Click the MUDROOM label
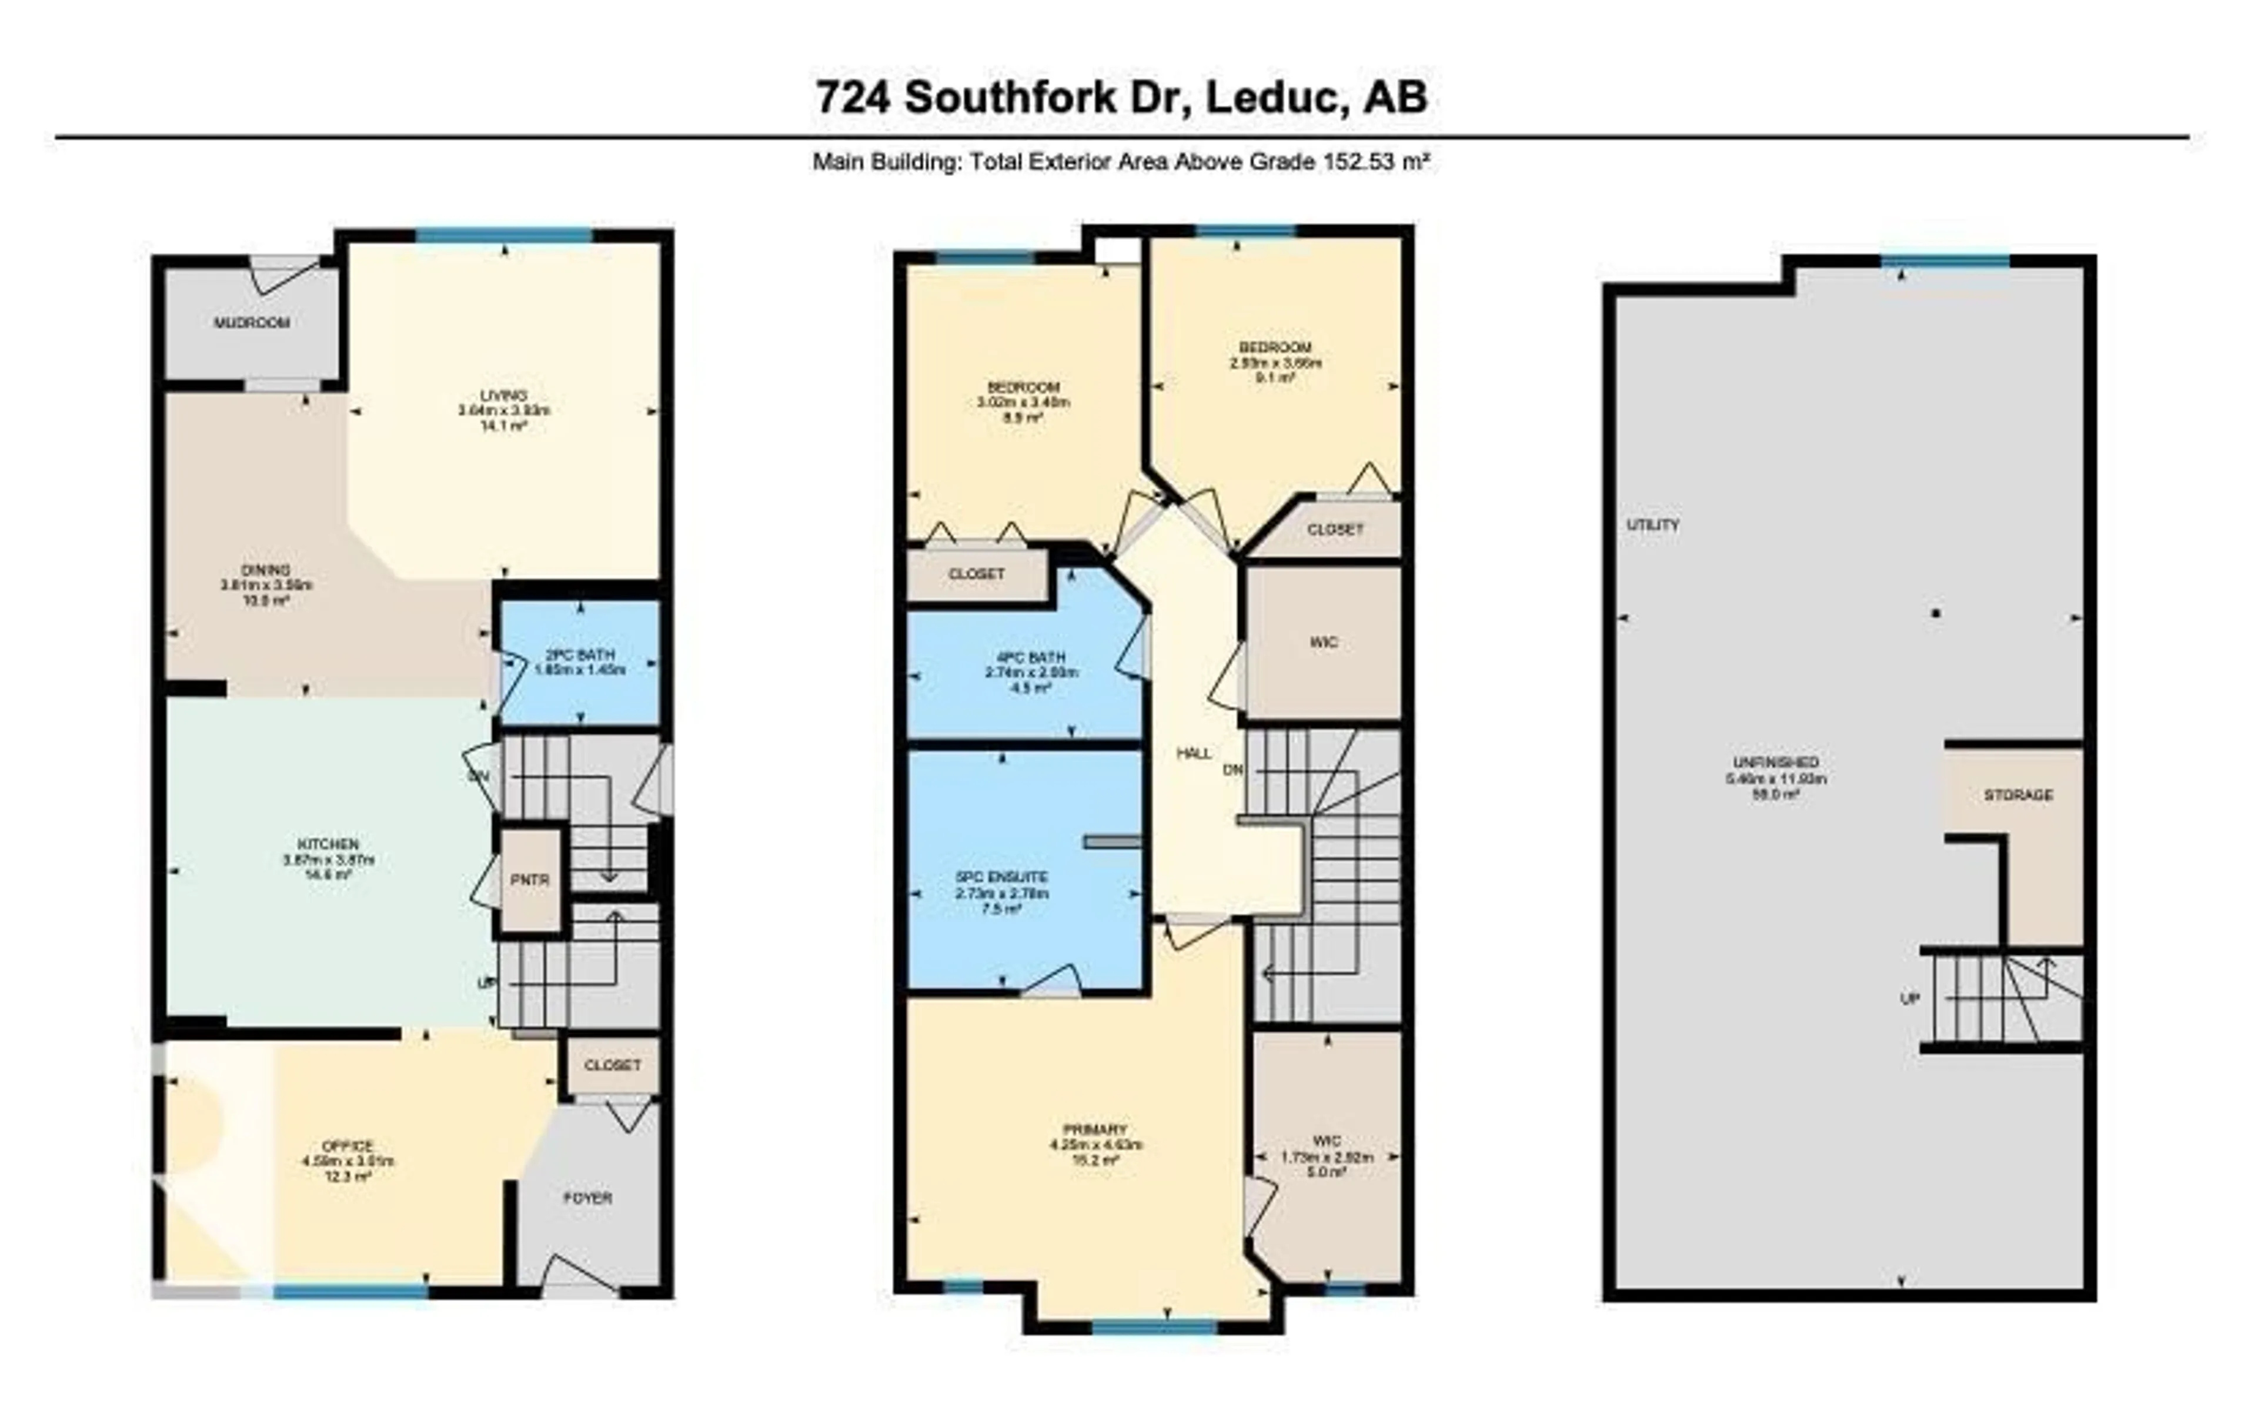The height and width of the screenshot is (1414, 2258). (x=252, y=323)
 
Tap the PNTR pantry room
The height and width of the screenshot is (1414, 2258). (x=529, y=880)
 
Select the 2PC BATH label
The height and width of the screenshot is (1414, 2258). (x=580, y=656)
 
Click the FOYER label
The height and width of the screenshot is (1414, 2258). (x=587, y=1198)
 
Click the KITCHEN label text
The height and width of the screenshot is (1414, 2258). (x=328, y=844)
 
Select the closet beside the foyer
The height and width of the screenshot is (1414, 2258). (x=613, y=1065)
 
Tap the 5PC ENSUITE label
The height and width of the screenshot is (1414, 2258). (x=1002, y=877)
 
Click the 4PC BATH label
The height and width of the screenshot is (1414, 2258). (x=1025, y=657)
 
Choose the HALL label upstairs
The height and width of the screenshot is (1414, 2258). (x=1194, y=753)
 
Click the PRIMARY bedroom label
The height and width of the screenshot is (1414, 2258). (x=1095, y=1129)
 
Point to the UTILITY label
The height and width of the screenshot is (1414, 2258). (x=1653, y=526)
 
